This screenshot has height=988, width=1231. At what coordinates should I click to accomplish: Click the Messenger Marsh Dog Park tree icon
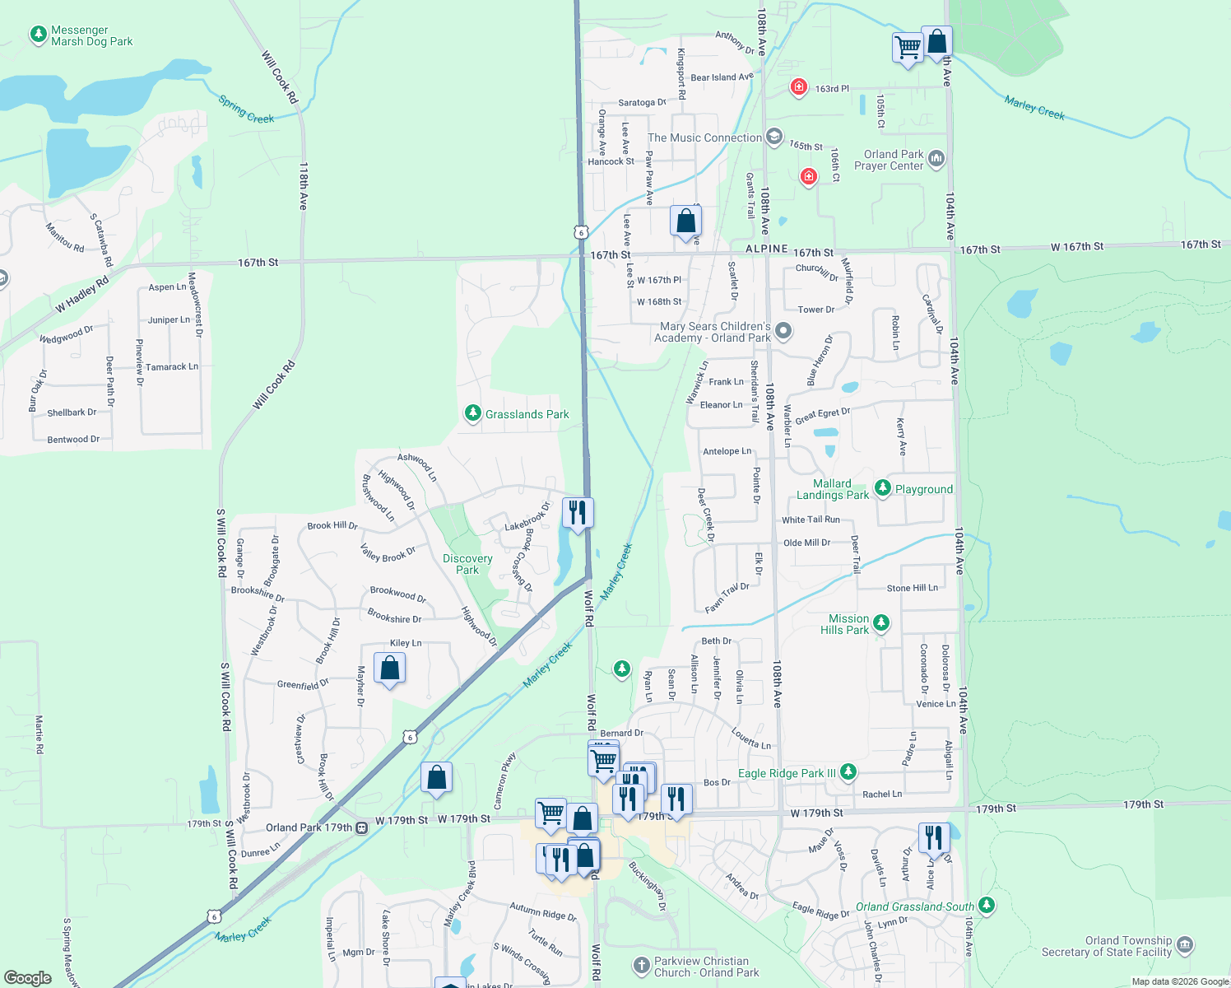[38, 35]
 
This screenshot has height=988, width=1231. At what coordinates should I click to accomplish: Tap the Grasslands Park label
[527, 414]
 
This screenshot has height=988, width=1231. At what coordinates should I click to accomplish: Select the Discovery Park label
[467, 564]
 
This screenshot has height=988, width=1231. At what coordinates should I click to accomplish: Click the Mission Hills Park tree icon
[881, 622]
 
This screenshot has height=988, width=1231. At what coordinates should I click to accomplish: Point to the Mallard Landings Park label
[832, 489]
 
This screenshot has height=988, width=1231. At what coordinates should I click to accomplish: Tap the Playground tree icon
[883, 488]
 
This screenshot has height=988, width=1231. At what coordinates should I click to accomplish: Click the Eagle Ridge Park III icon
[848, 772]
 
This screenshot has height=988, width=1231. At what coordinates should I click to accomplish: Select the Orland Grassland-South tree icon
[987, 906]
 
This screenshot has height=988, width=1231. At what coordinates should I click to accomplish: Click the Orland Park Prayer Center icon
[936, 159]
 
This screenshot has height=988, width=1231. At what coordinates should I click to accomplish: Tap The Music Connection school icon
[773, 137]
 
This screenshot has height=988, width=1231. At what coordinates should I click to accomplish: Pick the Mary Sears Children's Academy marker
[783, 331]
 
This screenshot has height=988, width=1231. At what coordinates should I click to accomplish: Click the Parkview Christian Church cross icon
[642, 965]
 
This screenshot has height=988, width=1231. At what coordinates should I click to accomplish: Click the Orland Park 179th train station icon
[361, 827]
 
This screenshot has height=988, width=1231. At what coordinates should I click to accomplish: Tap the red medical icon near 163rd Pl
[798, 86]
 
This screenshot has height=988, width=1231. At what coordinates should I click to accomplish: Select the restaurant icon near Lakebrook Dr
[578, 513]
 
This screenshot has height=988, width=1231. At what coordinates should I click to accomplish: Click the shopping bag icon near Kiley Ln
[389, 668]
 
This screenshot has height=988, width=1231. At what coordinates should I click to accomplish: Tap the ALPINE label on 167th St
[766, 249]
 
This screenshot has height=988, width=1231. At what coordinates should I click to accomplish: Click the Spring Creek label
[246, 110]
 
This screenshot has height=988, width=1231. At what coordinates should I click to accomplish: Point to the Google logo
[28, 977]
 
